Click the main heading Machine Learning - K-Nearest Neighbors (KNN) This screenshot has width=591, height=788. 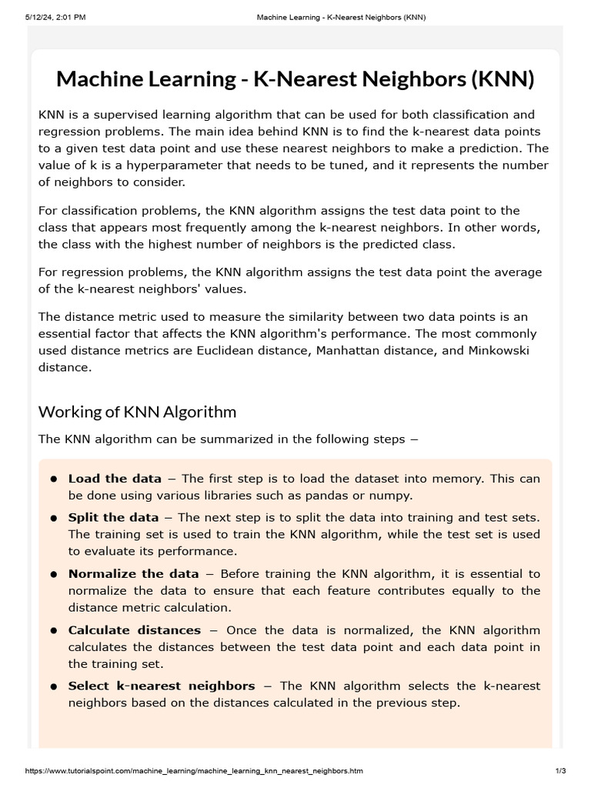pyautogui.click(x=295, y=78)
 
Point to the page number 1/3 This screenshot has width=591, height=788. pyautogui.click(x=559, y=770)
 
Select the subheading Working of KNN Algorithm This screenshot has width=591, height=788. pyautogui.click(x=137, y=412)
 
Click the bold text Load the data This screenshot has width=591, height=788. pyautogui.click(x=115, y=479)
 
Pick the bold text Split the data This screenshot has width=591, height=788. pyautogui.click(x=113, y=517)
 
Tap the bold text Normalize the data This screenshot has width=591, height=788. pyautogui.click(x=133, y=574)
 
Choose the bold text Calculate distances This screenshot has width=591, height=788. pyautogui.click(x=134, y=629)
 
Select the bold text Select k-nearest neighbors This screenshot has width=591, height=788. pyautogui.click(x=162, y=686)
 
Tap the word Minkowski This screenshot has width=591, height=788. pyautogui.click(x=501, y=351)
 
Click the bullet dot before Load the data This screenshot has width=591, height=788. pyautogui.click(x=54, y=479)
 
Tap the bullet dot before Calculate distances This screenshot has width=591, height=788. pyautogui.click(x=54, y=630)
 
